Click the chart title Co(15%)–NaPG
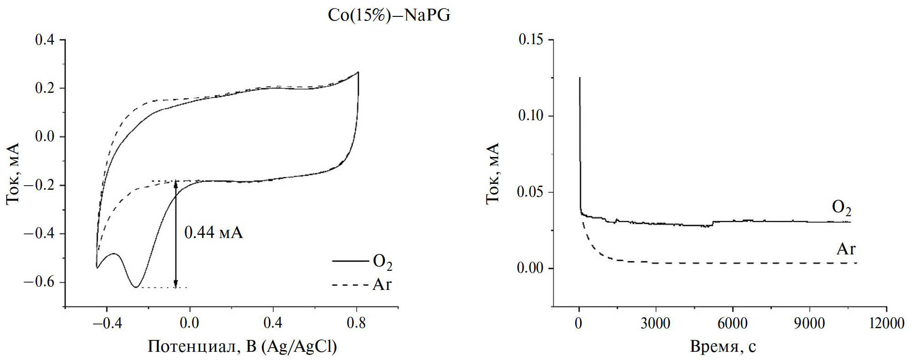pyautogui.click(x=389, y=16)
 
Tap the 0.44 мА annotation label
pyautogui.click(x=213, y=233)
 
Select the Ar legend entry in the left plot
pyautogui.click(x=382, y=285)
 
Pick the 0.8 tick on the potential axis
pyautogui.click(x=356, y=324)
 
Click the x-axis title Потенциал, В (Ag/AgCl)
pyautogui.click(x=242, y=347)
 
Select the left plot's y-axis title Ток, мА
pyautogui.click(x=13, y=173)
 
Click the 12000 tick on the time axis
pyautogui.click(x=886, y=324)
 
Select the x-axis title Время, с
pyautogui.click(x=723, y=347)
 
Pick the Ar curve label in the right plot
pyautogui.click(x=846, y=249)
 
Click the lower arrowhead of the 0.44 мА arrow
pyautogui.click(x=176, y=284)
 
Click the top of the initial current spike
pyautogui.click(x=580, y=78)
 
